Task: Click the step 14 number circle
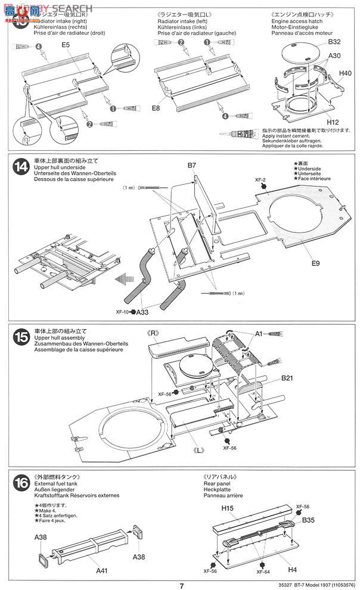point(19,169)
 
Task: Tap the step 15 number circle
point(19,337)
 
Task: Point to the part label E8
point(156,108)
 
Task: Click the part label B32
point(334,42)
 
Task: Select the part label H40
point(345,73)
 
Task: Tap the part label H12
point(333,123)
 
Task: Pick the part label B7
point(192,164)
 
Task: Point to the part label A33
point(143,312)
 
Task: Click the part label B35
point(308,520)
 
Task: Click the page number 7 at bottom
point(179,584)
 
